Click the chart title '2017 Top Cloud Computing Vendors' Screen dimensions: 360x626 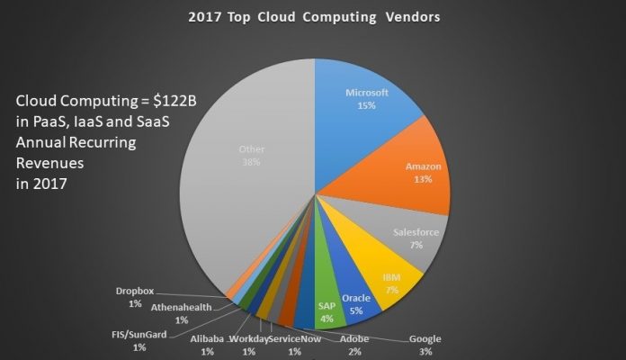(x=313, y=16)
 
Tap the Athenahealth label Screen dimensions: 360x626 (x=182, y=307)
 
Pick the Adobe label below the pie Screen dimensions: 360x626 (x=353, y=339)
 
